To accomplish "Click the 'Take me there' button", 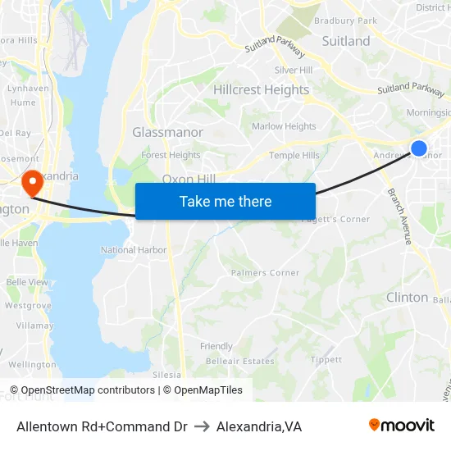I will [x=225, y=201].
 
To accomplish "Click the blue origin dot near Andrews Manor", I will [x=418, y=148].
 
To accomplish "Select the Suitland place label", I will [x=345, y=41].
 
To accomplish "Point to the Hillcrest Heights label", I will [x=261, y=90].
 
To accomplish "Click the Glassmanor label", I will [x=168, y=132].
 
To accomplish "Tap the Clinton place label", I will [x=407, y=298].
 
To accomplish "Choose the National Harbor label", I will [x=134, y=250].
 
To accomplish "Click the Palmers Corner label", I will [x=265, y=272].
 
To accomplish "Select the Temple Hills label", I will [x=294, y=155].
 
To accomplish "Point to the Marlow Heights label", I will [x=284, y=126].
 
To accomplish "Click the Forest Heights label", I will [x=171, y=155].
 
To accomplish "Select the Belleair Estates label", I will [x=240, y=361].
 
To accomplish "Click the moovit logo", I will [x=402, y=426].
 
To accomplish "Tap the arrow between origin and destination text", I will [x=202, y=426].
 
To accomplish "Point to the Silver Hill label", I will [x=293, y=71].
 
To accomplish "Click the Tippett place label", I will [x=326, y=360].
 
